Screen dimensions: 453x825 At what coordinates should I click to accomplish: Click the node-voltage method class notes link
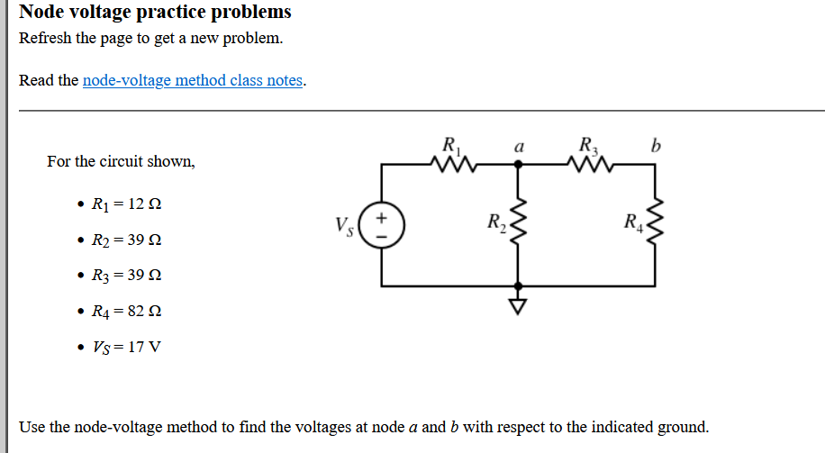193,80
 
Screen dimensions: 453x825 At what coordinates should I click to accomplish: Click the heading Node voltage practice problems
155,13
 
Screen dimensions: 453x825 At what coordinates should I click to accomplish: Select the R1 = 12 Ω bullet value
127,204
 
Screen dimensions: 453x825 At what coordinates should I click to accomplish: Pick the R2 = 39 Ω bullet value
127,240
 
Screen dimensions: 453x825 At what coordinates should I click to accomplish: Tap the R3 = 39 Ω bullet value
127,276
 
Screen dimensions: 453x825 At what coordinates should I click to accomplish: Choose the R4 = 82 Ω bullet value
127,312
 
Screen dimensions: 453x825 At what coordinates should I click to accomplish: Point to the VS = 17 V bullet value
127,347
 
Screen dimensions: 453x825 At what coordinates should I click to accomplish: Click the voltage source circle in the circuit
382,225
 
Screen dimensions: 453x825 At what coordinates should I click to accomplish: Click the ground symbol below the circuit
517,307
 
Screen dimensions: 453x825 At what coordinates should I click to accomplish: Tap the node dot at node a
517,165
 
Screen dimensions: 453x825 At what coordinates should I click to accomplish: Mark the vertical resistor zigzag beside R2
517,225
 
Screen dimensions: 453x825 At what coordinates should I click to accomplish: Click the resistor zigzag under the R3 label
587,165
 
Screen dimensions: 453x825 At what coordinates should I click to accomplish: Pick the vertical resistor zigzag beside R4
656,225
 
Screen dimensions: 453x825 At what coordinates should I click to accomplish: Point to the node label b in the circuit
656,146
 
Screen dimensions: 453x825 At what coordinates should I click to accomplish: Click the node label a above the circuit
518,146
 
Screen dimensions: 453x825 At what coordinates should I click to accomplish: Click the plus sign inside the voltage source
382,217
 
